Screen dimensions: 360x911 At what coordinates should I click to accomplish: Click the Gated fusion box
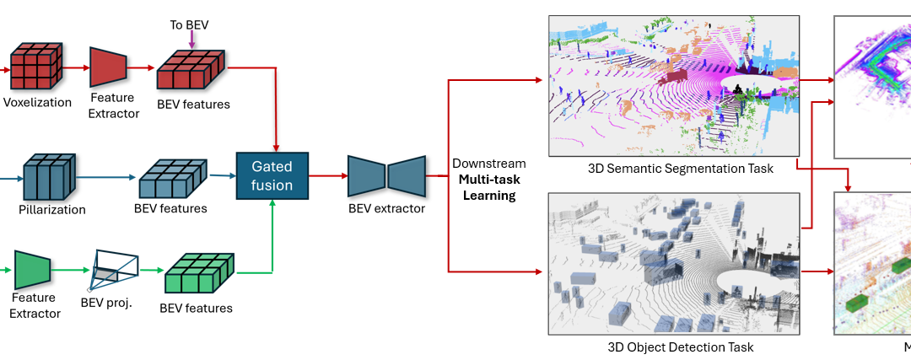pos(273,177)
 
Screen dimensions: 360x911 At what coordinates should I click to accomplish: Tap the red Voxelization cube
pos(35,67)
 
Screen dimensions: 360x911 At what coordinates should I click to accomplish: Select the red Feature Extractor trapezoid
pos(108,67)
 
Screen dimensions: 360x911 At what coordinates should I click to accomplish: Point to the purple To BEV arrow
pos(191,37)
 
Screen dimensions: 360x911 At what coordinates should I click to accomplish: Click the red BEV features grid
pos(191,70)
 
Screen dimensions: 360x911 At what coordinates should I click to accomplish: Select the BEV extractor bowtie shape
pos(386,176)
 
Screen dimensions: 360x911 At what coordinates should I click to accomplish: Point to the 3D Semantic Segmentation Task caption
pos(680,169)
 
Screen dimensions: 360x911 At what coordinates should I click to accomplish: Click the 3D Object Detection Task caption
pos(680,347)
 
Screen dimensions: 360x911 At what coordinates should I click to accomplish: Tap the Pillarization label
pos(52,209)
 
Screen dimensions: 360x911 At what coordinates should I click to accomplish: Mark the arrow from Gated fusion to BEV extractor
pos(328,176)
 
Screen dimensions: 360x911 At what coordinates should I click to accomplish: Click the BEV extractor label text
pos(386,208)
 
